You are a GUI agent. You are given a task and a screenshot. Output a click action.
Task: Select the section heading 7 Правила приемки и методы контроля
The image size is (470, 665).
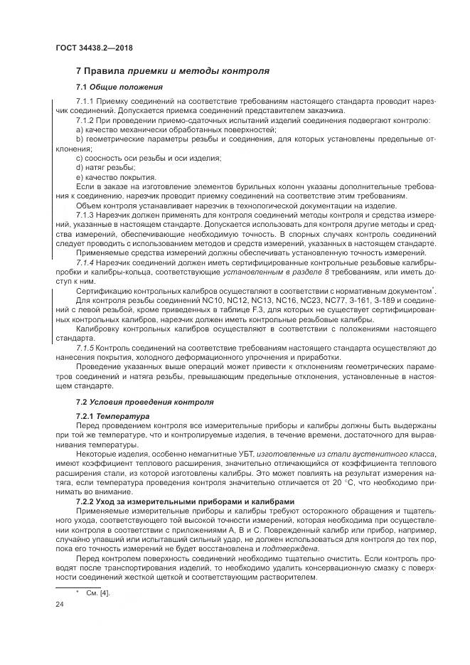click(172, 71)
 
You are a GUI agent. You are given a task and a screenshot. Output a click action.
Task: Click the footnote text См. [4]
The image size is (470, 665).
click(98, 592)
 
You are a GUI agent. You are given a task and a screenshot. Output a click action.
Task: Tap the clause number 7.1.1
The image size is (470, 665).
click(85, 102)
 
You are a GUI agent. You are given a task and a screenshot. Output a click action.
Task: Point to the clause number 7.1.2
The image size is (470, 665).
click(85, 120)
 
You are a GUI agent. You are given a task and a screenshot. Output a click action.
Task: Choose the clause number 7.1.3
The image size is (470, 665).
click(85, 216)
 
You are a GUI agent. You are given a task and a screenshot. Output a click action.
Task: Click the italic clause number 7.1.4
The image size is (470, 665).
click(85, 262)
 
